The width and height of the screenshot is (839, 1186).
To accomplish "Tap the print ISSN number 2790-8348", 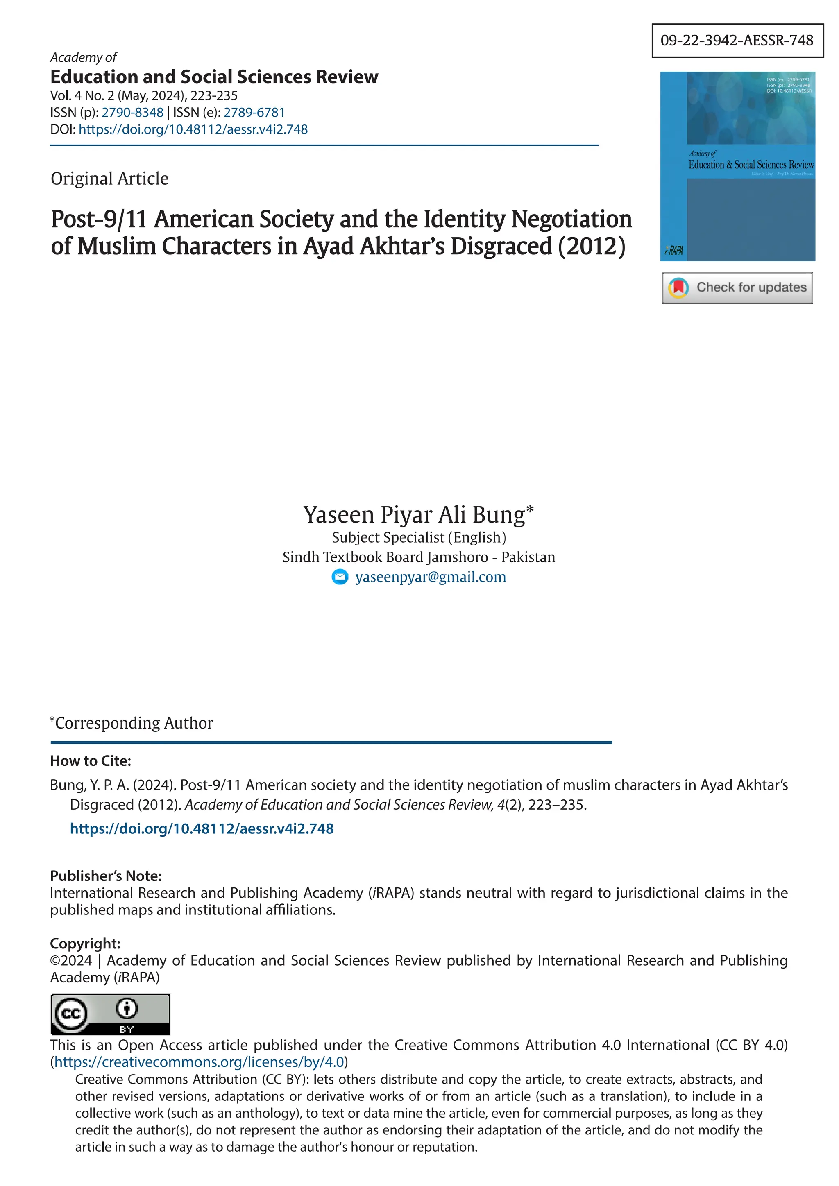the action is click(x=132, y=112).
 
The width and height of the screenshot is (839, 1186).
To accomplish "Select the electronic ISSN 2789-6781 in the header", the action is click(x=254, y=112).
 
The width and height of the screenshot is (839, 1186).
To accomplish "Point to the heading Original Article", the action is click(x=109, y=179).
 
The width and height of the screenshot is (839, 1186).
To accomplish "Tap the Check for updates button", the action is click(x=737, y=288).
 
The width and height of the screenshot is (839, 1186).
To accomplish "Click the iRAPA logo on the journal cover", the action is click(x=674, y=251).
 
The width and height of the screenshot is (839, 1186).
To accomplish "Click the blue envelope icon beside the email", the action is click(x=340, y=577).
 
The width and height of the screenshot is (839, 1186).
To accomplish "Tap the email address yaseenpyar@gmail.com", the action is click(x=430, y=577).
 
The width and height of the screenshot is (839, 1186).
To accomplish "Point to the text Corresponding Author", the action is click(x=134, y=723).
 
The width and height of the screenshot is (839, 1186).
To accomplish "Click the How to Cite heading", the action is click(x=91, y=761).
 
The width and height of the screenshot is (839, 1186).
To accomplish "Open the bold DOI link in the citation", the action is click(x=202, y=828).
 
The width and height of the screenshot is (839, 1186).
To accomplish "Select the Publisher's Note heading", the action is click(x=105, y=876).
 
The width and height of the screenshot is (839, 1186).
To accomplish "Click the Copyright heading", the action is click(x=85, y=943).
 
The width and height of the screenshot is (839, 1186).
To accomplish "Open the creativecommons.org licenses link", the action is click(x=199, y=1062).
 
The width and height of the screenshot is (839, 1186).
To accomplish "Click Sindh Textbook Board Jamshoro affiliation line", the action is click(x=418, y=557).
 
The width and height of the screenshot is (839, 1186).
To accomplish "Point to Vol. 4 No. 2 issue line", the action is click(x=144, y=95).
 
